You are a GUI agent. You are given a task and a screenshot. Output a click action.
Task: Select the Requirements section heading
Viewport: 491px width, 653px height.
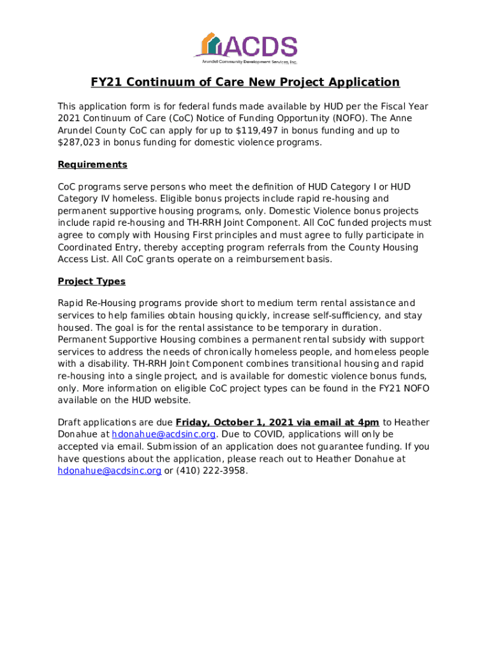pyautogui.click(x=92, y=165)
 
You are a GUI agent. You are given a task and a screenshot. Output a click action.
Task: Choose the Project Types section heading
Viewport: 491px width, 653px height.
pyautogui.click(x=91, y=281)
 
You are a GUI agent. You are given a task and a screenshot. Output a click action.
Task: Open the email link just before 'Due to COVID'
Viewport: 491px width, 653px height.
pyautogui.click(x=163, y=435)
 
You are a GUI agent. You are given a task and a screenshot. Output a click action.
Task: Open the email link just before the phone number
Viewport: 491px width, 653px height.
pyautogui.click(x=109, y=471)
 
